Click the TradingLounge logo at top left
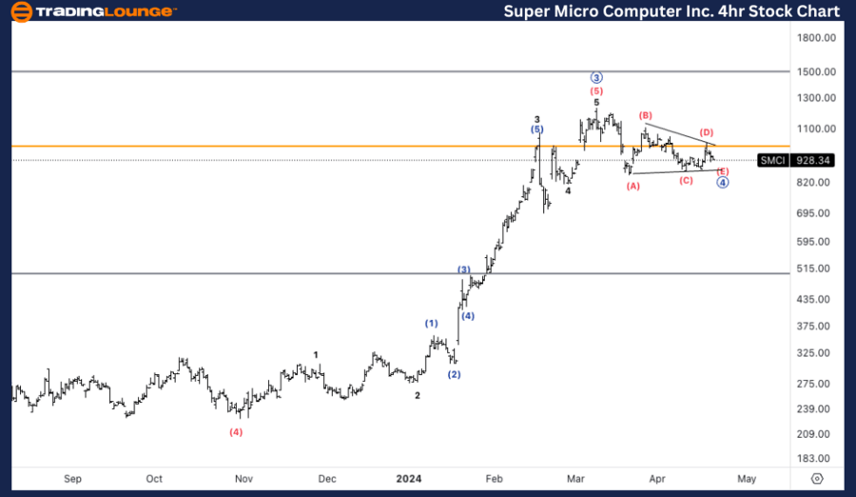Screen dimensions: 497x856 coord(93,11)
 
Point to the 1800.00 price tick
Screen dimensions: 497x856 coord(817,38)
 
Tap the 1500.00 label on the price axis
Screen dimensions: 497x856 coord(817,72)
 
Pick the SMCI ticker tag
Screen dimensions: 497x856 coord(772,161)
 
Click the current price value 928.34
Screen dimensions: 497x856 coord(816,161)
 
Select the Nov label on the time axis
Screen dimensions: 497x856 coord(243,479)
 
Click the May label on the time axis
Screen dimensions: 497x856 coord(747,479)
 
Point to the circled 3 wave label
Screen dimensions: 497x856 coord(596,78)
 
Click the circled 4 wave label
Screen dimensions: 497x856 coord(723,182)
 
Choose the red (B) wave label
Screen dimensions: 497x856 coord(646,116)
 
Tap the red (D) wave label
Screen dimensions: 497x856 coord(707,132)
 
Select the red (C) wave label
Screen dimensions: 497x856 coord(686,180)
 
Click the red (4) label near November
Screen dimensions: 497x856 coord(236,431)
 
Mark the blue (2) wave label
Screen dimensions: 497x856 coord(455,374)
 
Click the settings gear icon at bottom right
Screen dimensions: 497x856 coord(817,479)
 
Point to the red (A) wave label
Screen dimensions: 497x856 coord(632,186)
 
